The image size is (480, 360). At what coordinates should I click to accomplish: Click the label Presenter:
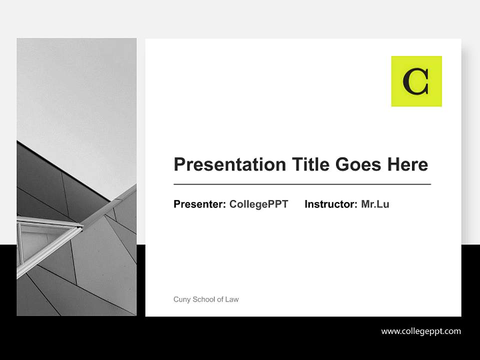199,204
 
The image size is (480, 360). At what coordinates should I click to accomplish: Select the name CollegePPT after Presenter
258,204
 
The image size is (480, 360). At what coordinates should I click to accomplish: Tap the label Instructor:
331,204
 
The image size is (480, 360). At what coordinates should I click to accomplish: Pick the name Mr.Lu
375,204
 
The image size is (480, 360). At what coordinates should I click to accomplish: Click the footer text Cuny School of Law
206,299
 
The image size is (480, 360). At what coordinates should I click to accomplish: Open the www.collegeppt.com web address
421,331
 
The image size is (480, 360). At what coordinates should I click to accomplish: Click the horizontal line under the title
302,184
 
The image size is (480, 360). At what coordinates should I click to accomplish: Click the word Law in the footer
232,299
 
